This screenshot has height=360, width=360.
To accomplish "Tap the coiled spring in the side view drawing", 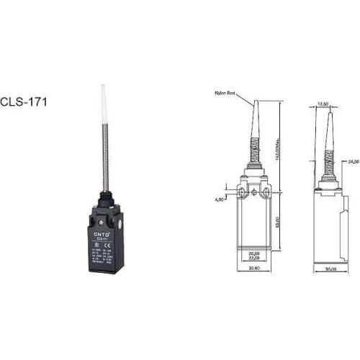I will [x=330, y=158].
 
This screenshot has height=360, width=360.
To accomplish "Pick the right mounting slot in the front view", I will [x=267, y=191].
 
